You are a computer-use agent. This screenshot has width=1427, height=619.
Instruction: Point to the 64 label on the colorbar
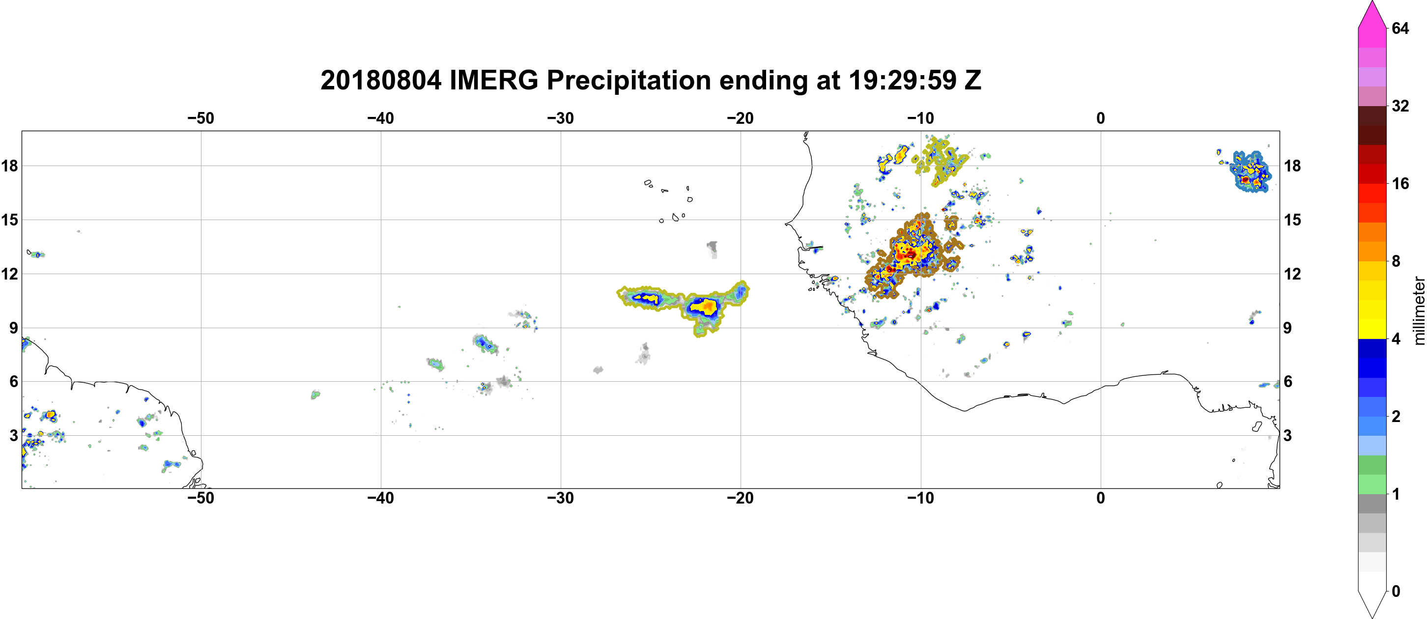[x=1400, y=28]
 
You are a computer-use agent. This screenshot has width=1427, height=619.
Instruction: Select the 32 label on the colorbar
[x=1400, y=106]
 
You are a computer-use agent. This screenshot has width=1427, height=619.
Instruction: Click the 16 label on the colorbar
[x=1400, y=183]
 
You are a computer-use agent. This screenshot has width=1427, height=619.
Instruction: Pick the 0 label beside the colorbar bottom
[x=1396, y=591]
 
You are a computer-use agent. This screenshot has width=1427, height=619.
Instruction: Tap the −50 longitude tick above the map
[x=200, y=118]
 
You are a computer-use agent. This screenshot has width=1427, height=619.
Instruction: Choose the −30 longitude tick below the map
[x=561, y=498]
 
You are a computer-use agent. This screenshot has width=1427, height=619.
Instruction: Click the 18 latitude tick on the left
[x=9, y=166]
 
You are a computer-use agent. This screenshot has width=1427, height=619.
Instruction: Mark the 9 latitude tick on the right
[x=1288, y=328]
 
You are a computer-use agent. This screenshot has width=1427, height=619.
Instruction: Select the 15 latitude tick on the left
[x=9, y=220]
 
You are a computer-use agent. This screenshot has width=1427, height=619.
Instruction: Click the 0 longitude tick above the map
[x=1101, y=118]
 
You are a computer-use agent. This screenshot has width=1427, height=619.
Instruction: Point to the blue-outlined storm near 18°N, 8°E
[x=1249, y=171]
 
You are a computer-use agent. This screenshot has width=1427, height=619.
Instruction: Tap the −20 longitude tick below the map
[x=741, y=498]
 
